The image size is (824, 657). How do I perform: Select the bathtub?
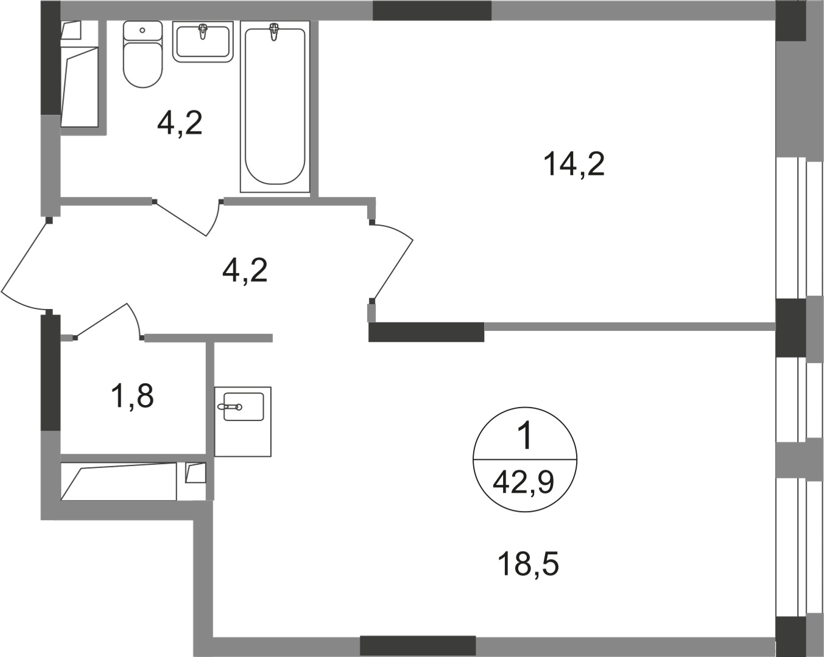coord(275,106)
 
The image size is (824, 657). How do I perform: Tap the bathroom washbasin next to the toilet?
coord(203,41)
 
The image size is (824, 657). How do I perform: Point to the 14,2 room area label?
coord(574,164)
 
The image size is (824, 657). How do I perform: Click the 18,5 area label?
coord(528,565)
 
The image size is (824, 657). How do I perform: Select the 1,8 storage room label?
coord(132,396)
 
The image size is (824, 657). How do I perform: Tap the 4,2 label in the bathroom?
coord(179,123)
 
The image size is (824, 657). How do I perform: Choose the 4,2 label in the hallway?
coord(245,270)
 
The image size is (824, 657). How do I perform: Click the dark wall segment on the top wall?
coord(432,10)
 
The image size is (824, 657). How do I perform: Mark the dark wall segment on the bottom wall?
coord(417,645)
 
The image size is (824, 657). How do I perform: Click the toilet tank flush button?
coord(143,29)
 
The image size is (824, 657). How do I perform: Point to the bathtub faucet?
coord(275,32)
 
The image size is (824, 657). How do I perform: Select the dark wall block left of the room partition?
coord(426,333)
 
